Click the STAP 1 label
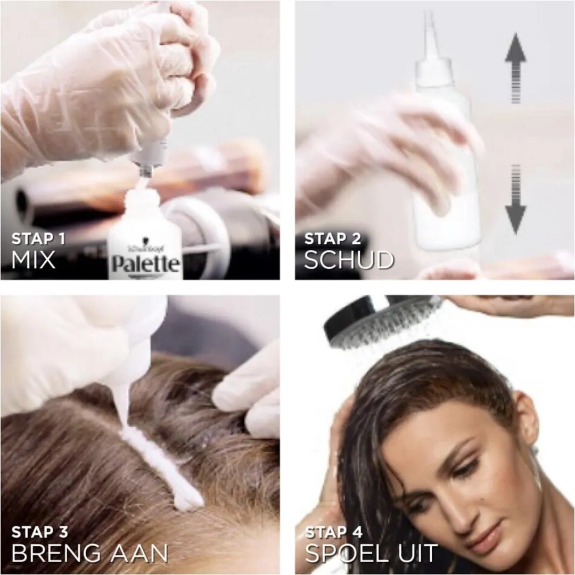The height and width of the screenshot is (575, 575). pos(38,239)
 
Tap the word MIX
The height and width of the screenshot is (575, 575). pos(34,260)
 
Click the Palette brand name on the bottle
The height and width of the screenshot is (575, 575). pos(145,264)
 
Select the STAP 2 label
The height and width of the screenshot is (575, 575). pos(333,239)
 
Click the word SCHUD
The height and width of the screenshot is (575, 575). pos(349,260)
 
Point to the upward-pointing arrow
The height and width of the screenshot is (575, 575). pos(515,68)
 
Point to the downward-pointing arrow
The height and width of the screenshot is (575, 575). pos(515,199)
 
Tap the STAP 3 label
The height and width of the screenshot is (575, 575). pos(39,532)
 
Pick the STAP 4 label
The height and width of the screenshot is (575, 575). pos(333,532)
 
